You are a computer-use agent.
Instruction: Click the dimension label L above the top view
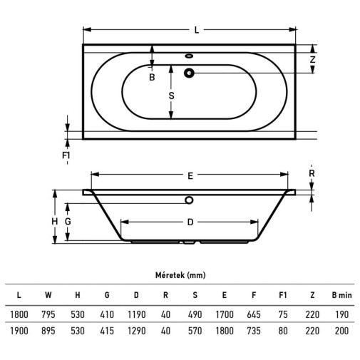(197, 30)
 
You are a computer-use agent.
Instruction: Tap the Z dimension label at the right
(312, 59)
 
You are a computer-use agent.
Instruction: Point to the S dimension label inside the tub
(171, 96)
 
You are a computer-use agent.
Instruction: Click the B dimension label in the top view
(152, 77)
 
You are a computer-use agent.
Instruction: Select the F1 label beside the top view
(66, 155)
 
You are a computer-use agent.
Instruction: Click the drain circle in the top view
(189, 73)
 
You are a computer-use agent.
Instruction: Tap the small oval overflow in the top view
(189, 56)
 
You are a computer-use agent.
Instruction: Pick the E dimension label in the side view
(190, 176)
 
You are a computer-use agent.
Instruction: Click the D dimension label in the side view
(190, 222)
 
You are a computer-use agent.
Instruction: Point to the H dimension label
(55, 222)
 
